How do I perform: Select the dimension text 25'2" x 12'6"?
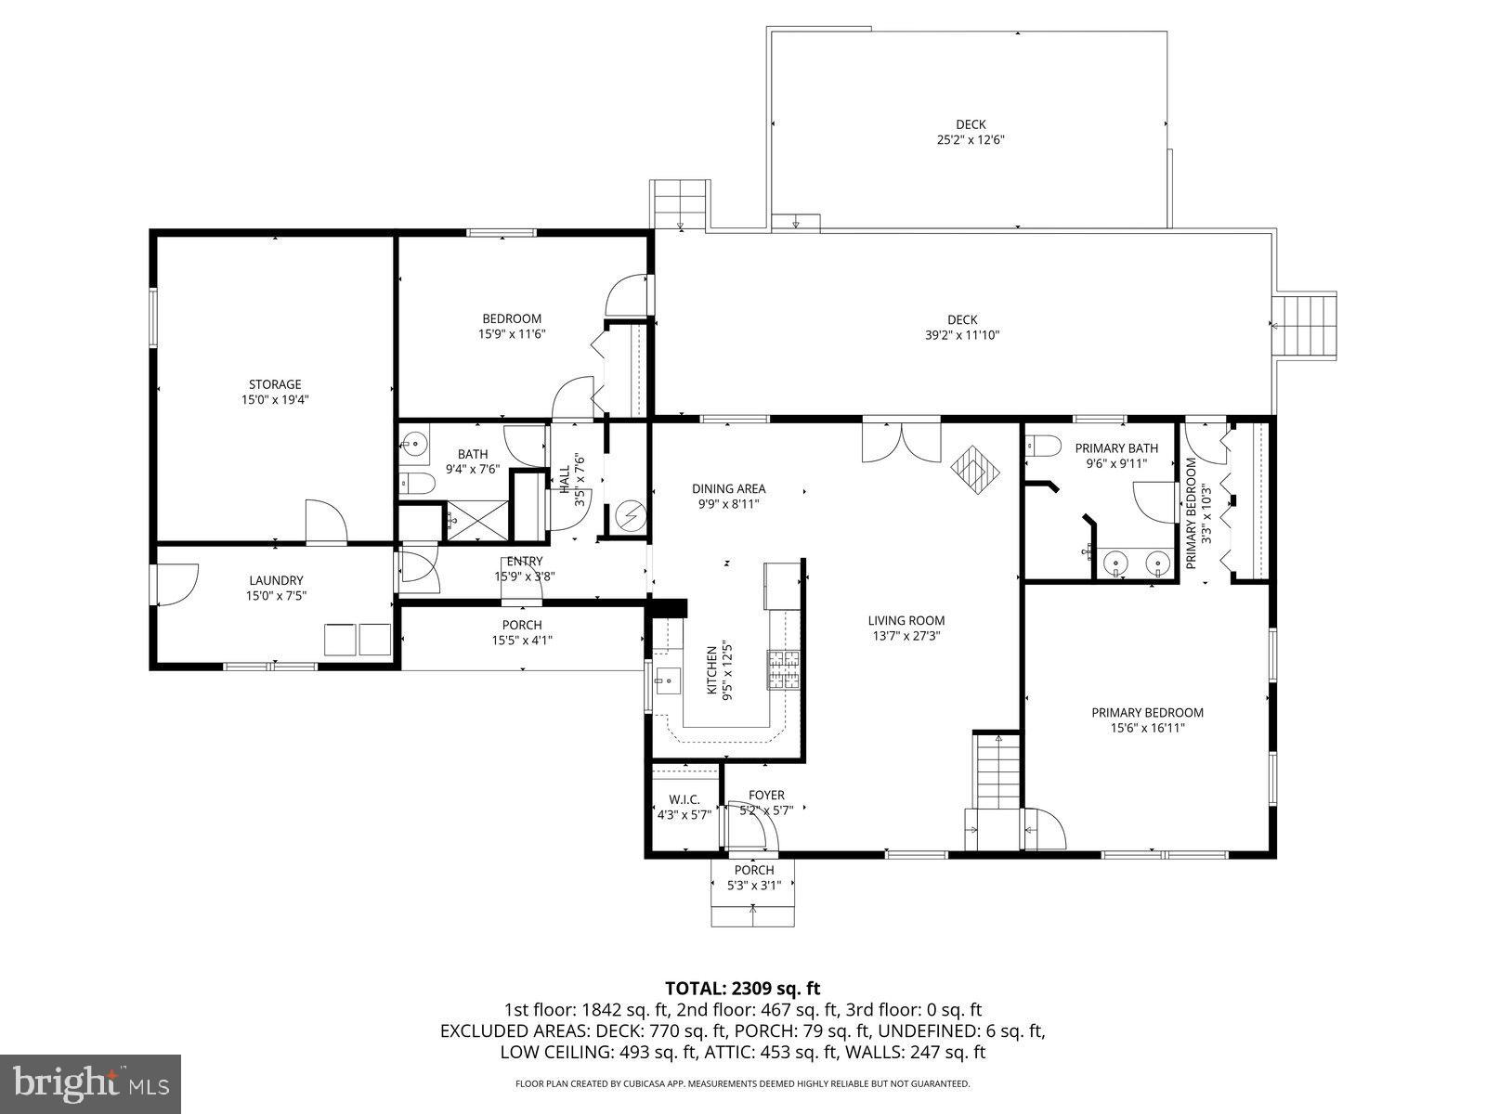(x=971, y=140)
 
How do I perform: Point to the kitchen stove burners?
(x=782, y=669)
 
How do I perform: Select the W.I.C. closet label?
(x=684, y=799)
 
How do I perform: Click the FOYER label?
(x=766, y=795)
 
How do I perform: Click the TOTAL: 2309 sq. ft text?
(x=743, y=988)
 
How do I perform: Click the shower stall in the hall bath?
(x=478, y=520)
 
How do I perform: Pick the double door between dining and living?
(x=901, y=443)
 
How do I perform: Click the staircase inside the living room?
(x=997, y=771)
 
